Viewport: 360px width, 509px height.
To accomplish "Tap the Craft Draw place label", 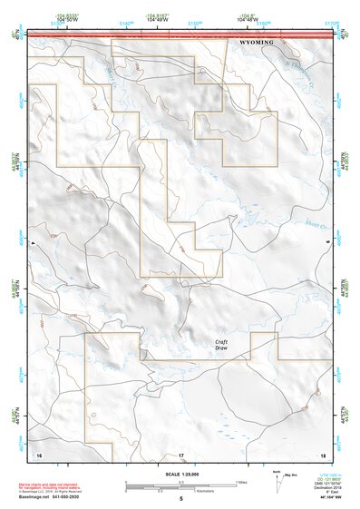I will [x=222, y=345].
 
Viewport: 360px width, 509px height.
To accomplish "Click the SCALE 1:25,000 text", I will [x=180, y=474].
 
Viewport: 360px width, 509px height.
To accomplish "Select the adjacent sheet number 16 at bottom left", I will [x=38, y=454].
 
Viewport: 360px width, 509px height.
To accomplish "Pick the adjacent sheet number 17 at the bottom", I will [x=180, y=454].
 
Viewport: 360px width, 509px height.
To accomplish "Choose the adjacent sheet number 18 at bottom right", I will [x=322, y=454].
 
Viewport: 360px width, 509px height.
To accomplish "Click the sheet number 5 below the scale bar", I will [x=180, y=498].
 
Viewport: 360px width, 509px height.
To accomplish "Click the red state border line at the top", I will [x=180, y=34].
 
